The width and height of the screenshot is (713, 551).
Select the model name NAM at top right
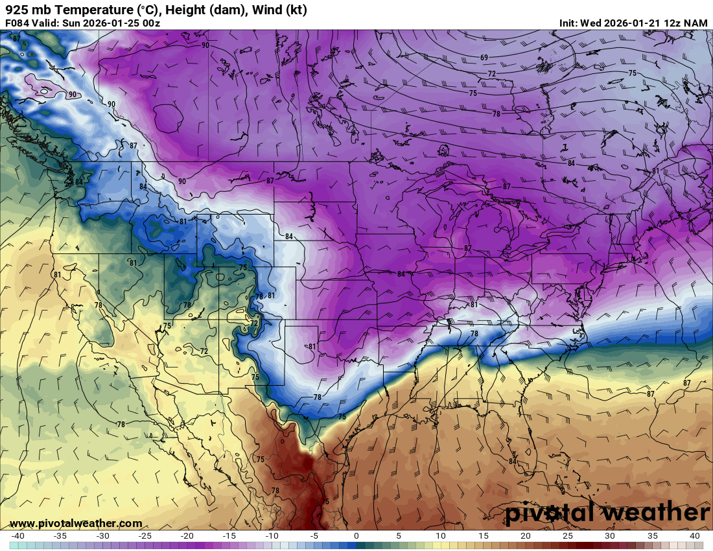[x=695, y=23]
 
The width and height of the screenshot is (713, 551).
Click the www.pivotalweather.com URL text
[x=76, y=523]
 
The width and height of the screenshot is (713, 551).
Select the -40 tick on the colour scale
[x=18, y=536]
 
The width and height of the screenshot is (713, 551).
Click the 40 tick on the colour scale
[x=694, y=536]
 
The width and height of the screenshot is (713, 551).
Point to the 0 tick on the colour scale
[x=356, y=536]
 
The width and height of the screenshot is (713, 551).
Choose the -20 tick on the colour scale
[x=187, y=536]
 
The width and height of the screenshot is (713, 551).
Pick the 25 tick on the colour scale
[x=567, y=536]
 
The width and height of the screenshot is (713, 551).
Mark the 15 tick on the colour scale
[x=483, y=536]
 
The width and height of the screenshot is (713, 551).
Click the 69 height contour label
[x=484, y=58]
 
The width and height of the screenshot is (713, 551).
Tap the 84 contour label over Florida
[x=512, y=461]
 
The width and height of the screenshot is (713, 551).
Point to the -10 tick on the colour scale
[x=272, y=536]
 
